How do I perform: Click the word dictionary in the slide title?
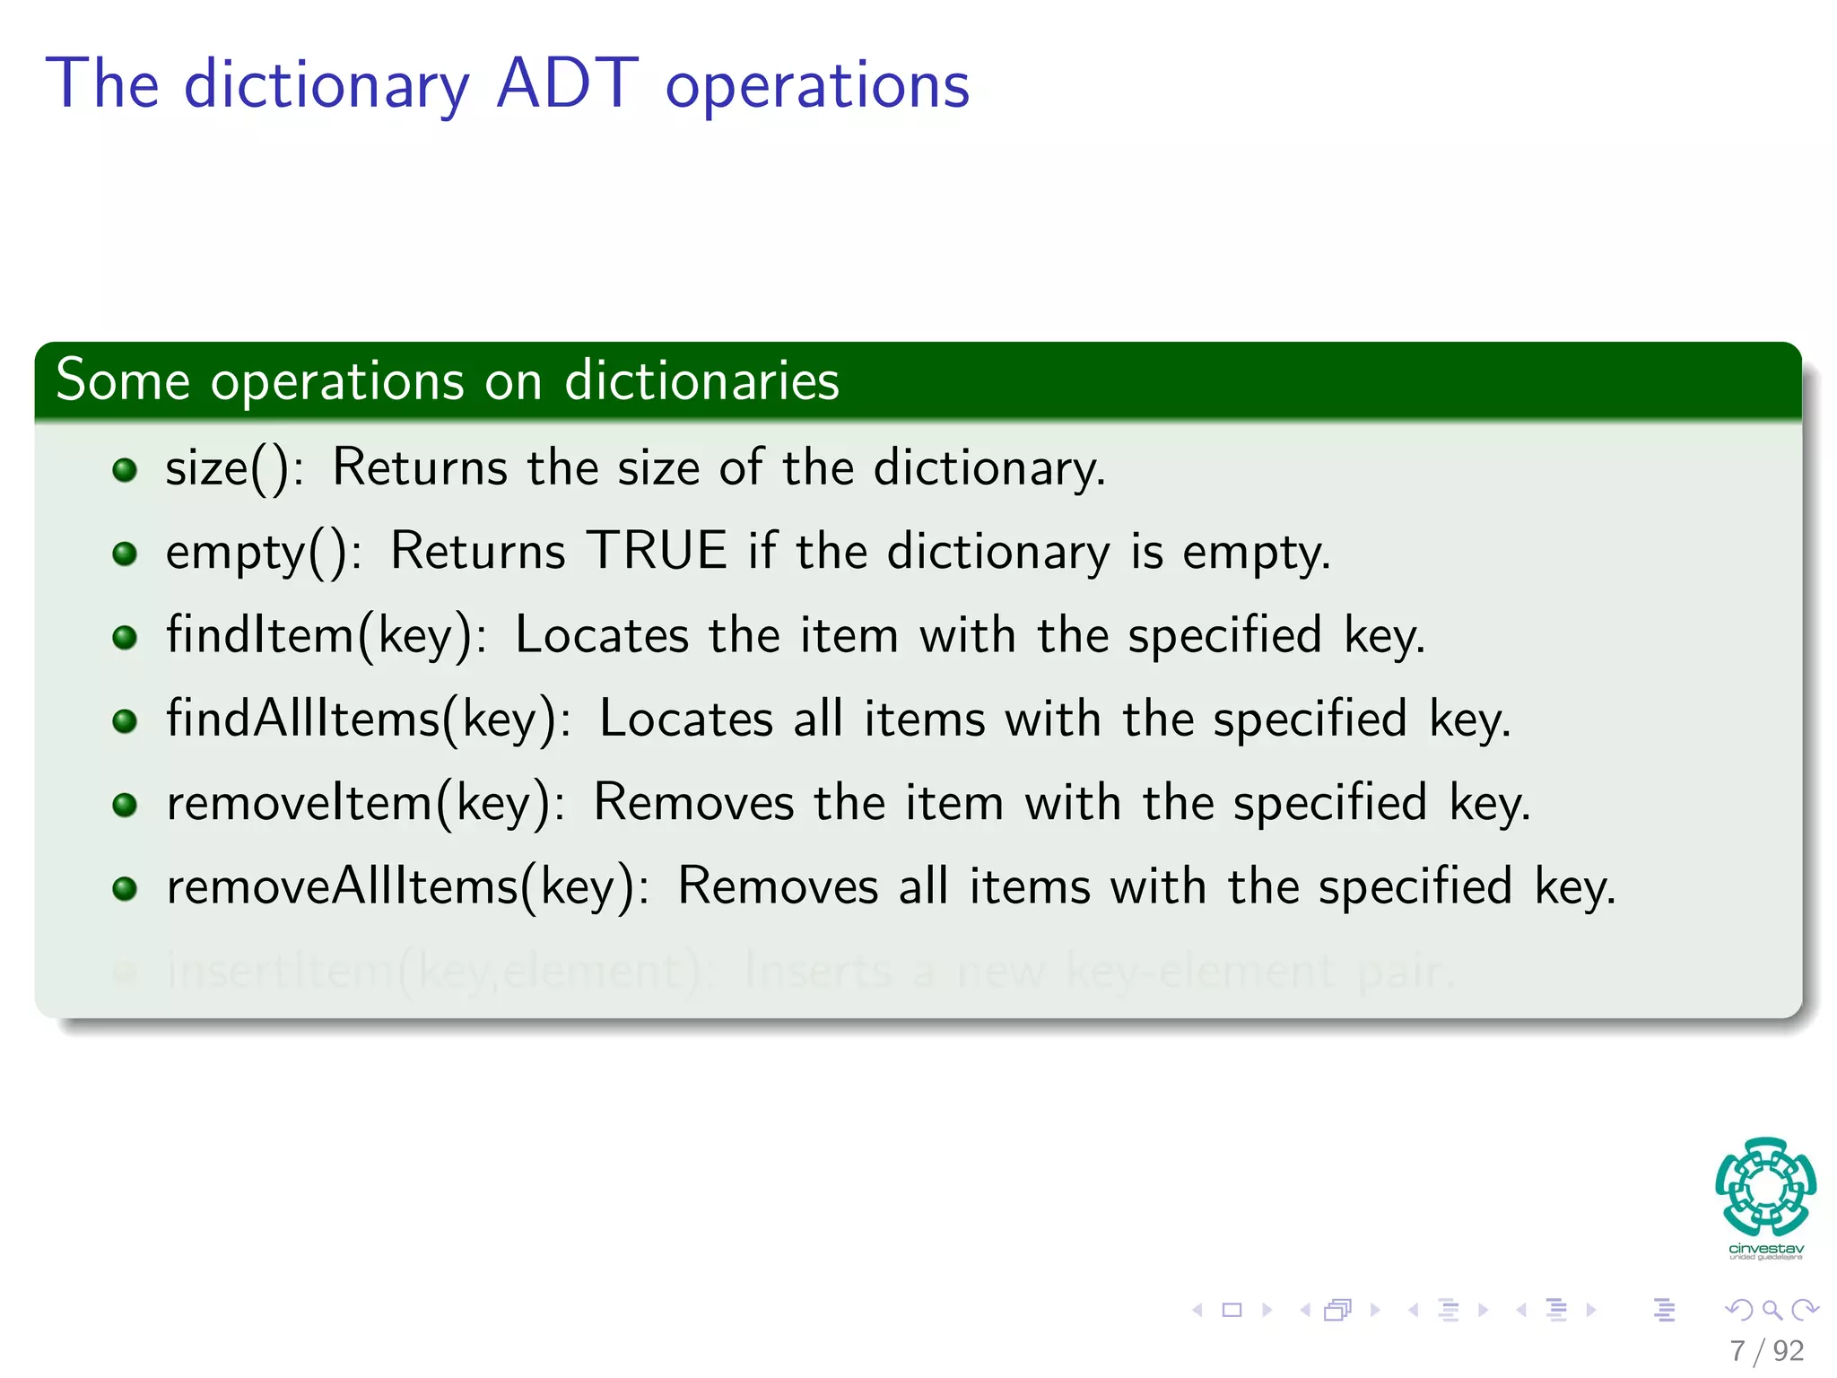tap(326, 86)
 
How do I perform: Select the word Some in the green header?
tap(123, 380)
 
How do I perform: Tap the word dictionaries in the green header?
tap(701, 380)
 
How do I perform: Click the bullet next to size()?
tap(125, 469)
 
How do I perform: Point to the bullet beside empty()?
tap(125, 553)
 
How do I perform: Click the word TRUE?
tap(657, 551)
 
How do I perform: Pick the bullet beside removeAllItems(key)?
tap(125, 888)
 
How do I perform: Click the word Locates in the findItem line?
tap(602, 635)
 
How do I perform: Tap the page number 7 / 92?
tap(1766, 1350)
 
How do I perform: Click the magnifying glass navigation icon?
tap(1772, 1310)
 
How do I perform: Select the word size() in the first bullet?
tap(228, 468)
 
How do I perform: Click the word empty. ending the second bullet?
tap(1256, 553)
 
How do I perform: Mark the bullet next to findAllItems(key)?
tap(125, 720)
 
